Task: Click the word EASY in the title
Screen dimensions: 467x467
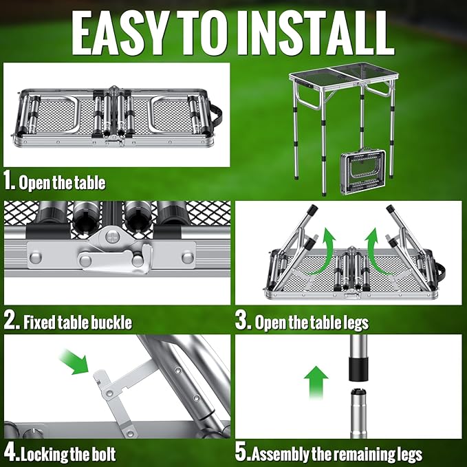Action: pos(120,34)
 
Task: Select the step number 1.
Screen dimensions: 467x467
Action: pos(9,182)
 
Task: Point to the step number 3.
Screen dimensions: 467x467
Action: pos(243,321)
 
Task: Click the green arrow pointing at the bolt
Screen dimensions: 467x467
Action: pos(74,361)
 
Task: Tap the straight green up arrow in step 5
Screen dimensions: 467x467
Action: pos(316,382)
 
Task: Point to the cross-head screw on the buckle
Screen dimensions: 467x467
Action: pos(113,237)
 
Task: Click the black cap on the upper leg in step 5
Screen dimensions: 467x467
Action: pos(358,369)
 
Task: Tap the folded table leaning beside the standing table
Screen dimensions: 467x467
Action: pos(363,172)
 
